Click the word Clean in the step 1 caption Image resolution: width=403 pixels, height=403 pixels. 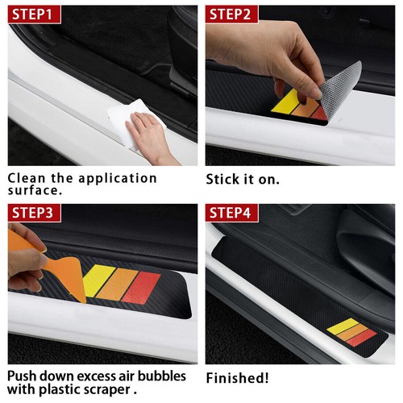27,178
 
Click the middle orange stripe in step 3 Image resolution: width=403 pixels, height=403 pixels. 123,282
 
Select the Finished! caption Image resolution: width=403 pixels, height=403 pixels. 238,377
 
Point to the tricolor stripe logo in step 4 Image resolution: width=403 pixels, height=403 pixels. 351,330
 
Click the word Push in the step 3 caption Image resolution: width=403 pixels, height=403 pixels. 23,376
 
